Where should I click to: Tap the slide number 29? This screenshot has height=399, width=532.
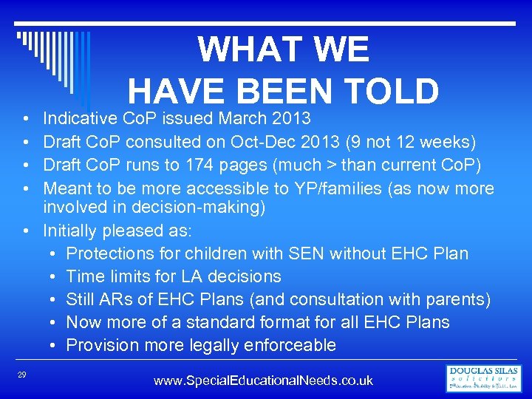[x=22, y=376]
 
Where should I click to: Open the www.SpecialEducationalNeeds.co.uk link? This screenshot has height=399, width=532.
[x=263, y=381]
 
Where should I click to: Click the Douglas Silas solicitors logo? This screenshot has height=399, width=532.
[x=483, y=378]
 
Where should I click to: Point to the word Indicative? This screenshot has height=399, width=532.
[x=80, y=118]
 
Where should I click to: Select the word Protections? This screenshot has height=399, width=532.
[x=111, y=253]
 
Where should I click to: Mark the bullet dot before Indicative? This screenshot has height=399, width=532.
[x=26, y=118]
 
